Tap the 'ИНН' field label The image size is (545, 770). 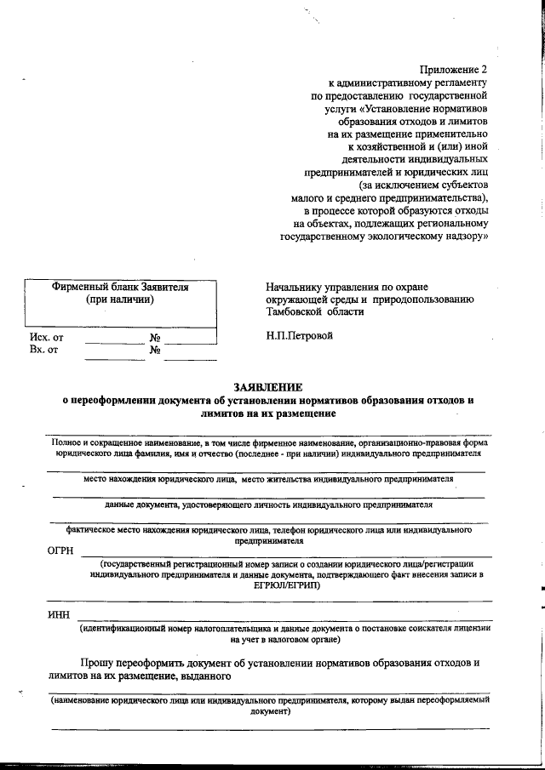coord(60,615)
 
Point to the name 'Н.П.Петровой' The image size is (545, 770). coord(299,335)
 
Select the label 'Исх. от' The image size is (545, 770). coord(46,337)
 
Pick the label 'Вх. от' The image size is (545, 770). coord(43,350)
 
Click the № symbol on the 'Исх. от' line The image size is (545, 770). coord(156,337)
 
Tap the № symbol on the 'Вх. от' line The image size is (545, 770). coord(156,350)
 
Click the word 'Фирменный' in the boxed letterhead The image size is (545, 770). coord(81,288)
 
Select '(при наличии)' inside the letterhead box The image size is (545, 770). coord(120,300)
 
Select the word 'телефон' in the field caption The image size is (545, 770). coord(296,529)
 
